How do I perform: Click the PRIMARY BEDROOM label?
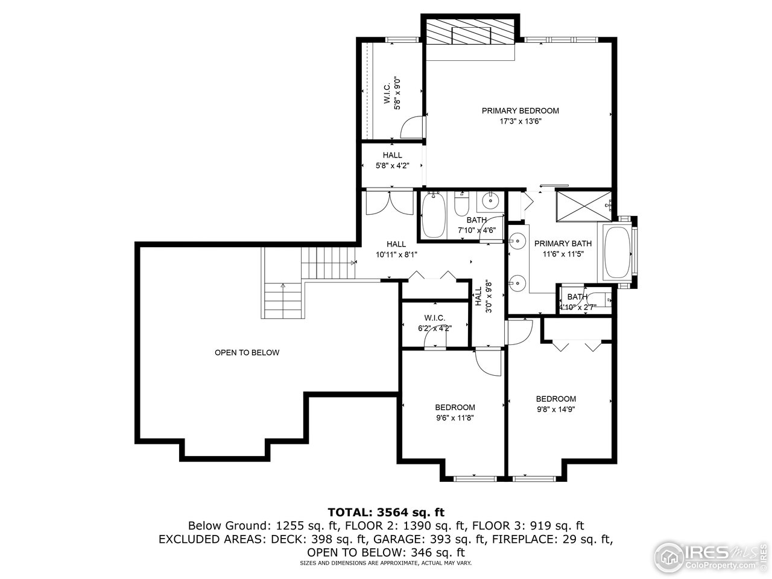coord(520,110)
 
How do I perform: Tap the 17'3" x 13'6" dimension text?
coord(520,121)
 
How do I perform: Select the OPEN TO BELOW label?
coord(247,352)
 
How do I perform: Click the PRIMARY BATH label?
coord(563,244)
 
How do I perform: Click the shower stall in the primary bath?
coord(582,206)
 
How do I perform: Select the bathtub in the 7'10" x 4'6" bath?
coord(433,216)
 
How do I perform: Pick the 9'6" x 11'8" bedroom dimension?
coord(455,417)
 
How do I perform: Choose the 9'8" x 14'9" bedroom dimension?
coord(556,409)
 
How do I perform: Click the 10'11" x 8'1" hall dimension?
coord(396,255)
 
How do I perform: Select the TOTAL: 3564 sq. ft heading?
coord(385,512)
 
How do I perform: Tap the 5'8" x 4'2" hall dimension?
coord(392,166)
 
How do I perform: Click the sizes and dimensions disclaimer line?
coord(385,563)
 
